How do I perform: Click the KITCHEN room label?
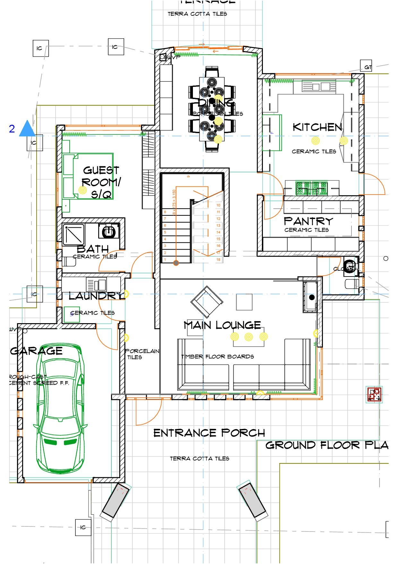click(x=317, y=127)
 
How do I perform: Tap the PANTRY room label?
click(x=308, y=221)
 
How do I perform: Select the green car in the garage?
click(x=61, y=408)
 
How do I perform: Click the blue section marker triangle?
click(x=27, y=129)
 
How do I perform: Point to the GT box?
click(x=366, y=67)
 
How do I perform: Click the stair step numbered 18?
click(x=218, y=259)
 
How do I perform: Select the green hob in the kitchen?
click(x=311, y=188)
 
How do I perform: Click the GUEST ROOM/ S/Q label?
click(x=101, y=182)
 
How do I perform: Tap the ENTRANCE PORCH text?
click(x=209, y=433)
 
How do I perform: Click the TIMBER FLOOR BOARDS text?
click(x=218, y=357)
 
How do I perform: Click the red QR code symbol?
click(x=374, y=395)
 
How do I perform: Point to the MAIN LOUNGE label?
click(x=222, y=325)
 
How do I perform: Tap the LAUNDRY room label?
click(x=96, y=296)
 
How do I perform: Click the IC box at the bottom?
click(x=83, y=527)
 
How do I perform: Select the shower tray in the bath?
click(x=73, y=235)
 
